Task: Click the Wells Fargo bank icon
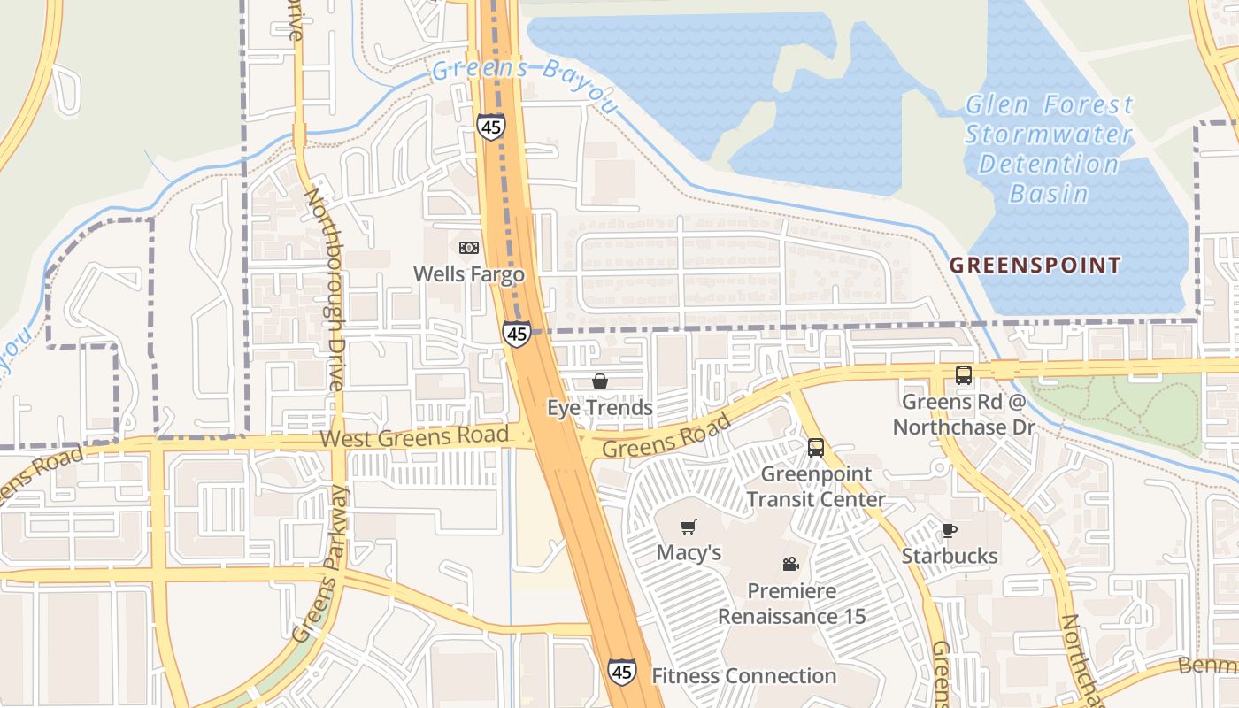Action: tap(469, 248)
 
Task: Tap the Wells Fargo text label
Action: tap(469, 274)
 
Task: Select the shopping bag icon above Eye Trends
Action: tap(600, 381)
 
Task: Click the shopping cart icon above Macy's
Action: tap(689, 527)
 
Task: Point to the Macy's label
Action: tap(689, 553)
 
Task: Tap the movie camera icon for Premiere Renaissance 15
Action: tap(790, 565)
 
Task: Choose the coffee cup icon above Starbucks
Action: tap(950, 531)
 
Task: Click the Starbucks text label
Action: tap(950, 557)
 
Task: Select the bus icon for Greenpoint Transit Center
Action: tap(816, 448)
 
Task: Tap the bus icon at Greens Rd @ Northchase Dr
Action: tap(964, 375)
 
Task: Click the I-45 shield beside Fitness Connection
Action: tap(621, 672)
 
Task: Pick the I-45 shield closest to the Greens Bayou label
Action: tap(491, 127)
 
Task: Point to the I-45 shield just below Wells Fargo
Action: tap(517, 334)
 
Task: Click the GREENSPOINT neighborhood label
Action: tap(1035, 265)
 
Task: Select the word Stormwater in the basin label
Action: tap(1048, 135)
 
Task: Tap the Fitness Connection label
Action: tap(743, 676)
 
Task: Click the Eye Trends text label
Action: tap(600, 408)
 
